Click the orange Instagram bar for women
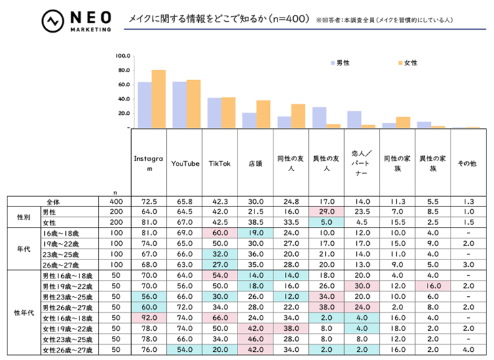tap(158, 98)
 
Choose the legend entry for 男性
tap(338, 62)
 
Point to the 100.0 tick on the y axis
tap(123, 56)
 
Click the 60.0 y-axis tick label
tap(123, 84)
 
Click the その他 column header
tap(468, 163)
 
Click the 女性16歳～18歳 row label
tap(68, 317)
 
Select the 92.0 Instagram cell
tap(149, 317)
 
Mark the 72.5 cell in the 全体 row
tap(149, 202)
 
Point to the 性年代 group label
tap(24, 311)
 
